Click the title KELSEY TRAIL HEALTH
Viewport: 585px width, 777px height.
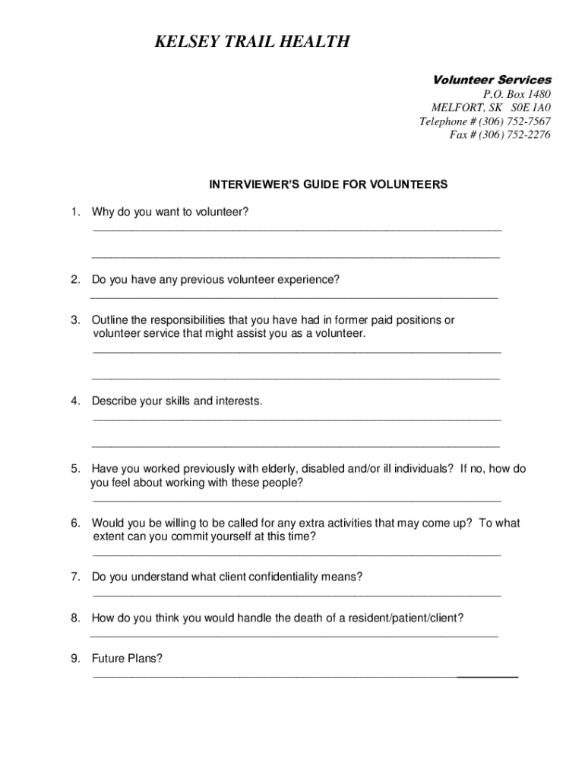[251, 42]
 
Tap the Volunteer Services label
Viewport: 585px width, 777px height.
[492, 80]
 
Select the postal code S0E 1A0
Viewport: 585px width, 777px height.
[530, 108]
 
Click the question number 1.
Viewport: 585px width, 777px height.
[74, 212]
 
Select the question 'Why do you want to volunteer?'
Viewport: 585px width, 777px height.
[170, 212]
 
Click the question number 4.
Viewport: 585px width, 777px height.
[74, 401]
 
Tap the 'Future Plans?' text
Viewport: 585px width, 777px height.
[127, 659]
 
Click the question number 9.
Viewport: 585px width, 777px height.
[74, 659]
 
